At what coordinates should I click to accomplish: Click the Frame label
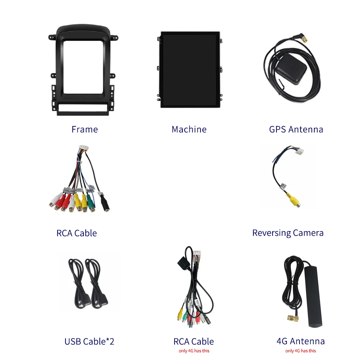[x=85, y=129]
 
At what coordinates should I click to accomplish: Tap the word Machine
[x=189, y=129]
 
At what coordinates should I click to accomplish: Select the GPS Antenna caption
[x=296, y=129]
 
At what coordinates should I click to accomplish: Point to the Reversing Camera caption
[x=288, y=233]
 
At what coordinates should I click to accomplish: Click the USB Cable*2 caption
[x=89, y=341]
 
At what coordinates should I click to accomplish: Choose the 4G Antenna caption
[x=301, y=341]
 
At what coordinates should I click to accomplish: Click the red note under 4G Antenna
[x=301, y=351]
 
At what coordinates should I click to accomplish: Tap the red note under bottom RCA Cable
[x=194, y=351]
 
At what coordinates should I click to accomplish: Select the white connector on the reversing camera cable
[x=298, y=153]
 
